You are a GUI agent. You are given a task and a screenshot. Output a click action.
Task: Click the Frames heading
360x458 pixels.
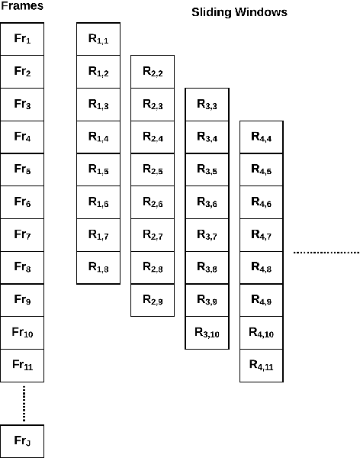coord(22,7)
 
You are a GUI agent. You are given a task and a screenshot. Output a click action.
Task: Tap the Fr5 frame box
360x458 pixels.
coord(22,170)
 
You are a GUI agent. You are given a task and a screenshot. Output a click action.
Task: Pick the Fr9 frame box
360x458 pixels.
coord(22,300)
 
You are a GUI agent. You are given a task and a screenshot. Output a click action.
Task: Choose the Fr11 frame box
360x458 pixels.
coord(22,365)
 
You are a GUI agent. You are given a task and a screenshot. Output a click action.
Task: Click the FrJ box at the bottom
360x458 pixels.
coord(22,440)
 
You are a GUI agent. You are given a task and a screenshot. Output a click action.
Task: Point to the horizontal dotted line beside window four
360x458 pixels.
coord(326,252)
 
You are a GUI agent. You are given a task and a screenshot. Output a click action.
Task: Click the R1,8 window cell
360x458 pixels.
coord(98,268)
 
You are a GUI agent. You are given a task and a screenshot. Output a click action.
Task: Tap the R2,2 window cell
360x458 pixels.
coord(153,72)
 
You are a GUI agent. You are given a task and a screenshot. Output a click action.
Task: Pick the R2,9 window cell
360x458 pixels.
coord(153,300)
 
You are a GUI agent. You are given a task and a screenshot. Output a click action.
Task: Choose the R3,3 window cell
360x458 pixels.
coord(207,105)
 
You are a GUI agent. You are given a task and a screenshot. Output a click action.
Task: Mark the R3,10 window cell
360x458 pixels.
coord(207,333)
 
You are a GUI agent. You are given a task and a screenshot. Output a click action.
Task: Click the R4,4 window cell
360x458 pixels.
coord(262,137)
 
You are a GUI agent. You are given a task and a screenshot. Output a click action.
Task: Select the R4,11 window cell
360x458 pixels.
coord(262,365)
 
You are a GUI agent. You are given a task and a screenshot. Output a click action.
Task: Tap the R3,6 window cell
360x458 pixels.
coord(207,202)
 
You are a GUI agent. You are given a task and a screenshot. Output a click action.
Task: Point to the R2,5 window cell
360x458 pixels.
coord(153,170)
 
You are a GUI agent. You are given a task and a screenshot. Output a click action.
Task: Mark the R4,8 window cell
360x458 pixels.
coord(262,268)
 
